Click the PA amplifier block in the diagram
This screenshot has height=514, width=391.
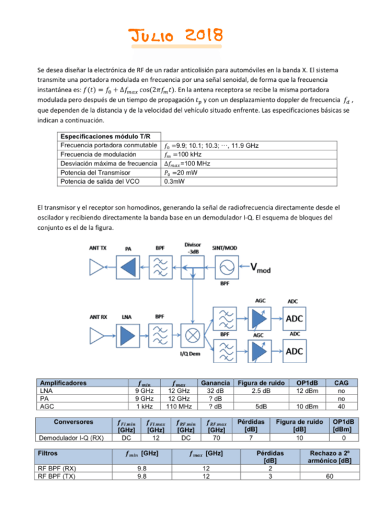[x=128, y=267]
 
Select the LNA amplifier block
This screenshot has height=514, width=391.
[x=128, y=335]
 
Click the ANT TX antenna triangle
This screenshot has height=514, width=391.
[x=97, y=267]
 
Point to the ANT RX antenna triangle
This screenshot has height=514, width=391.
[x=97, y=335]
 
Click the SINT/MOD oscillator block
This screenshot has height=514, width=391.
[x=225, y=267]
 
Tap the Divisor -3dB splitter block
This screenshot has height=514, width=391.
[x=193, y=267]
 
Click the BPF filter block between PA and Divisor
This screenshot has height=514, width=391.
[x=160, y=267]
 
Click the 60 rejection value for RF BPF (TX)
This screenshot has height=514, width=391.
[x=329, y=476]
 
